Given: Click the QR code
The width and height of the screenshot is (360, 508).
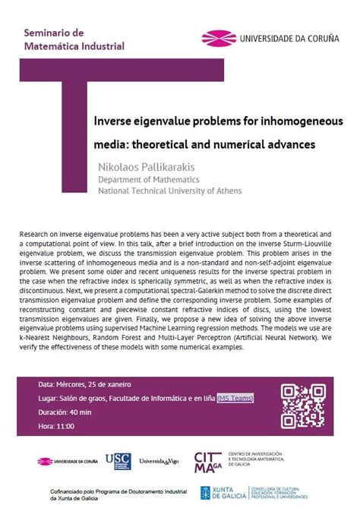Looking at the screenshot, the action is [303, 405].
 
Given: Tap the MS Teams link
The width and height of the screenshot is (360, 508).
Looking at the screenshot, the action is [235, 398].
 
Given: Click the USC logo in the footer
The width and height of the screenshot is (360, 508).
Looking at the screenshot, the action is [117, 460].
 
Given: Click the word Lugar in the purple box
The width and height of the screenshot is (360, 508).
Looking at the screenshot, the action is [48, 398].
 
